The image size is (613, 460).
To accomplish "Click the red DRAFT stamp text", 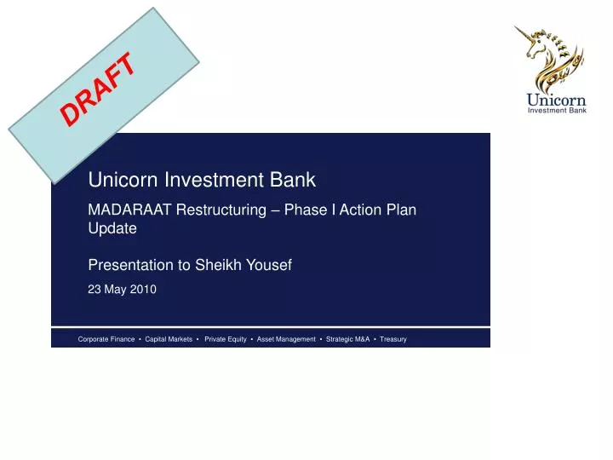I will click(x=100, y=89).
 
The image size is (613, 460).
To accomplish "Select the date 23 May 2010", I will click(x=123, y=290).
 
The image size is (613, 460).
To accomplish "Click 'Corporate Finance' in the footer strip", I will click(x=106, y=339).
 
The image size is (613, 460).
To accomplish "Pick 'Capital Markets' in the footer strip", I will click(x=169, y=339).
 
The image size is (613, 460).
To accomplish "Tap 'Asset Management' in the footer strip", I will click(x=286, y=339).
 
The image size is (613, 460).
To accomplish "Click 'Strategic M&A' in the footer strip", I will click(x=348, y=339).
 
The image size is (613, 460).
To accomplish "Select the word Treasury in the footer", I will click(x=393, y=339).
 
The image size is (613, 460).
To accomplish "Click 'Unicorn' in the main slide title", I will click(x=120, y=180).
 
